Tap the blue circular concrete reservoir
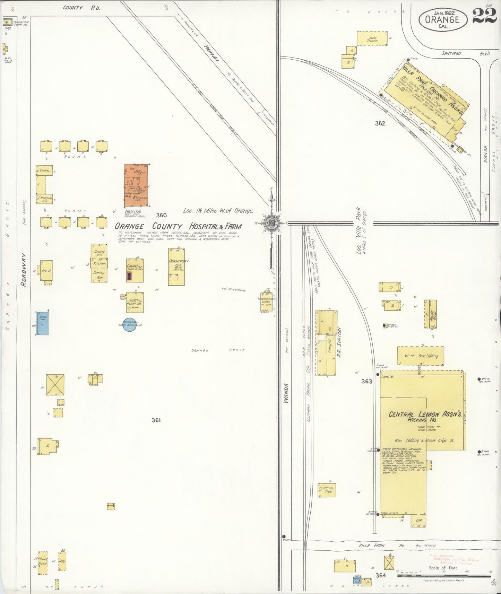[x=129, y=324]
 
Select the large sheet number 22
[x=484, y=16]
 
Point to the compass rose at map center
[x=271, y=223]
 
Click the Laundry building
[x=135, y=270]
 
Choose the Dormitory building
[x=176, y=267]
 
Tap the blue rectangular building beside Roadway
[x=43, y=323]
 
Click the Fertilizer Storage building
[x=327, y=490]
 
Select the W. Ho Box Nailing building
[x=420, y=356]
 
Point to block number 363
[x=366, y=381]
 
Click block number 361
[x=156, y=420]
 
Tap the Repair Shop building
[x=431, y=314]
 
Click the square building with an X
[x=55, y=385]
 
